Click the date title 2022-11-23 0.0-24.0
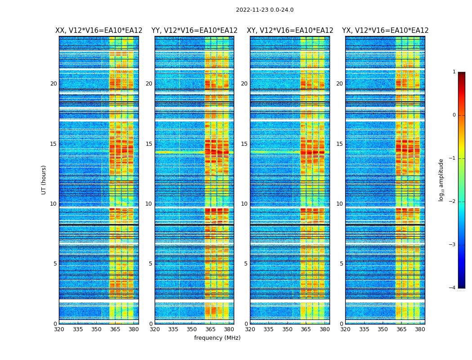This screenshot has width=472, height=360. (264, 10)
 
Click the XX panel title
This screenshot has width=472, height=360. (99, 31)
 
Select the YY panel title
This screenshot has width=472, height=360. (194, 31)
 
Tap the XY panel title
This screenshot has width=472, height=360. (290, 31)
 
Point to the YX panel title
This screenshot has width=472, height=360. (385, 31)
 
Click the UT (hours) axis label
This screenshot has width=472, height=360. (44, 180)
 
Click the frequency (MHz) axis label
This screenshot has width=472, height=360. (217, 338)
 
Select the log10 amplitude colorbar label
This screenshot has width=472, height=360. (441, 180)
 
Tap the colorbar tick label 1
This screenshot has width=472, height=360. (454, 72)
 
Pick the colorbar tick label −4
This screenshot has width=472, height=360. (453, 288)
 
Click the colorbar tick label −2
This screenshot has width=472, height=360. (453, 202)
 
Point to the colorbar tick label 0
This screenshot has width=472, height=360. (454, 115)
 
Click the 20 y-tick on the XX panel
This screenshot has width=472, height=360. (53, 84)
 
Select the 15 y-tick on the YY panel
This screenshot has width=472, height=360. (149, 144)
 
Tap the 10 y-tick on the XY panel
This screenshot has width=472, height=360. (244, 204)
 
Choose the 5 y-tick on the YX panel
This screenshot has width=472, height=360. (341, 264)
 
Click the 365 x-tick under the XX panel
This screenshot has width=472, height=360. (115, 329)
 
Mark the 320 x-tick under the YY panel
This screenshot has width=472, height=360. (155, 329)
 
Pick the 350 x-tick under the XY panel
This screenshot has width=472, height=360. (287, 329)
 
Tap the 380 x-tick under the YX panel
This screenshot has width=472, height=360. (420, 329)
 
